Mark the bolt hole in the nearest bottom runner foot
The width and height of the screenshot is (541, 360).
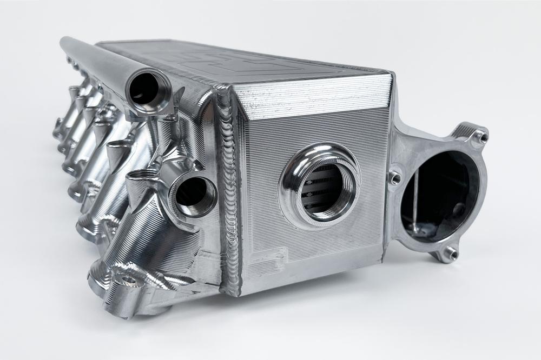pyautogui.click(x=128, y=281)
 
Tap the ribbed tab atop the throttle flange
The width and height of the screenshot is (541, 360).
pyautogui.click(x=465, y=130)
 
